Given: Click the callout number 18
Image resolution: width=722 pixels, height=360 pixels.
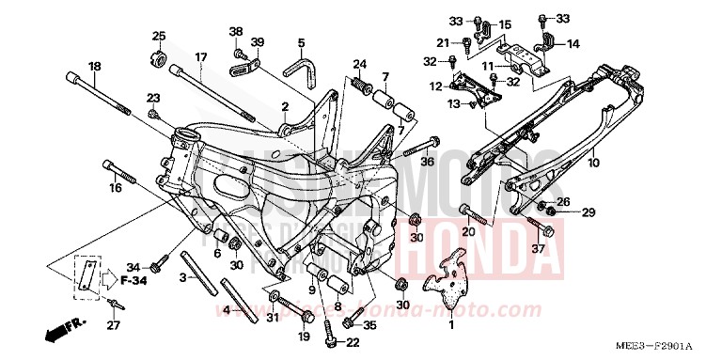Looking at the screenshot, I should (x=94, y=66).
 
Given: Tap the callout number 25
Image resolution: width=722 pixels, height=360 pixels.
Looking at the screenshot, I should (x=159, y=36).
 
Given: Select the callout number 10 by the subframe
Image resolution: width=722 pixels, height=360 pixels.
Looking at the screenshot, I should (x=620, y=163).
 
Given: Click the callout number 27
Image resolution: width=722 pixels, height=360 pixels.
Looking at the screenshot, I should (x=113, y=326).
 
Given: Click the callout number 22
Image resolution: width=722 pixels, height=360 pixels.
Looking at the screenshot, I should (x=353, y=342).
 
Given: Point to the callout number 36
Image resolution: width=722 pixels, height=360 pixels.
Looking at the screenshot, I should (x=427, y=163).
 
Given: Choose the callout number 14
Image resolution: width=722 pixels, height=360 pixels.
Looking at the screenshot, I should (x=573, y=43).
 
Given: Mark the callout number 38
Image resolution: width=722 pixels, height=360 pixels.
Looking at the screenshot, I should (x=235, y=31).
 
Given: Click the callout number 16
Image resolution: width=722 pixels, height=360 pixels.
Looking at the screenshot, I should (x=116, y=188).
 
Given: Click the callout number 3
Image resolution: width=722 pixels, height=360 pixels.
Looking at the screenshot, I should (x=183, y=278).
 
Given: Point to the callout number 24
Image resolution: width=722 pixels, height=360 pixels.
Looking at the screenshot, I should (x=359, y=64).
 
